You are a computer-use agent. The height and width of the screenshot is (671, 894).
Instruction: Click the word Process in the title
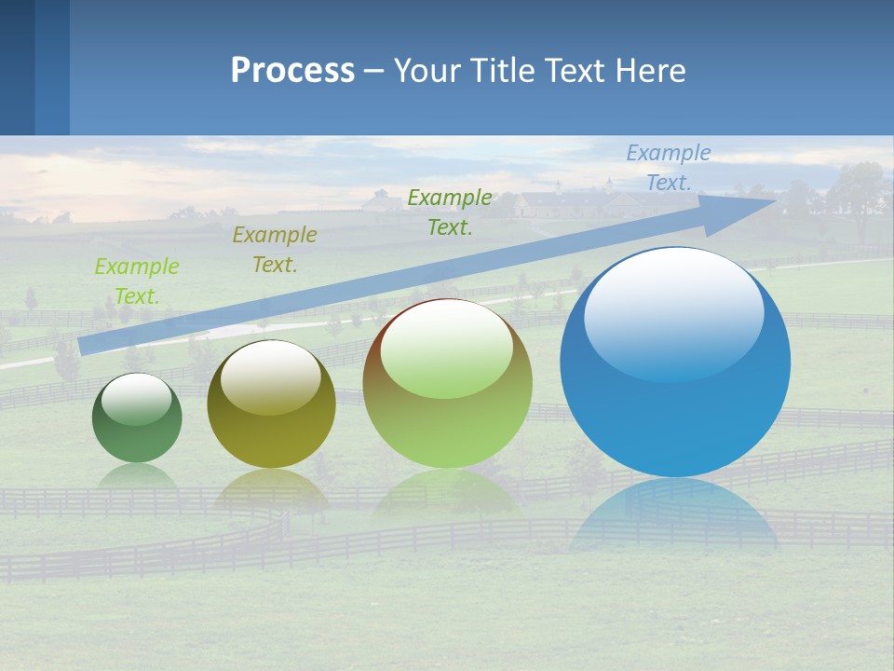point(292,71)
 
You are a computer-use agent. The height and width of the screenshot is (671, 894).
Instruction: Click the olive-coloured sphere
point(271,405)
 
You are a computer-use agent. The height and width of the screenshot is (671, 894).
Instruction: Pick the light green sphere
point(447,384)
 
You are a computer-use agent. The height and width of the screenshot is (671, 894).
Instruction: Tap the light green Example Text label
point(137,281)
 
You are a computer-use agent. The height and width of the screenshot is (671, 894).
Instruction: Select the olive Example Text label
point(275,250)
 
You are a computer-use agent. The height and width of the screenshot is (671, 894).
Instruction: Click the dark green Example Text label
point(450,212)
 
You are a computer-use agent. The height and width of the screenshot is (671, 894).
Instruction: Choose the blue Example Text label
point(668,168)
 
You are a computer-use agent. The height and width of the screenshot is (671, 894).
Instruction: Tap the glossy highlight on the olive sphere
point(271,377)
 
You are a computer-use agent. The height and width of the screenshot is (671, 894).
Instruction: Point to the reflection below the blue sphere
point(675,517)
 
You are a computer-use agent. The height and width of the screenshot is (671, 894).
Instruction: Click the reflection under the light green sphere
point(447,494)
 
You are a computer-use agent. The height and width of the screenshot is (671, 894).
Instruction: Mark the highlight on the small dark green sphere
point(137,399)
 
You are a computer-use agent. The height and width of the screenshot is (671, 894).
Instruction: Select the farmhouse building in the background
point(559,202)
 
